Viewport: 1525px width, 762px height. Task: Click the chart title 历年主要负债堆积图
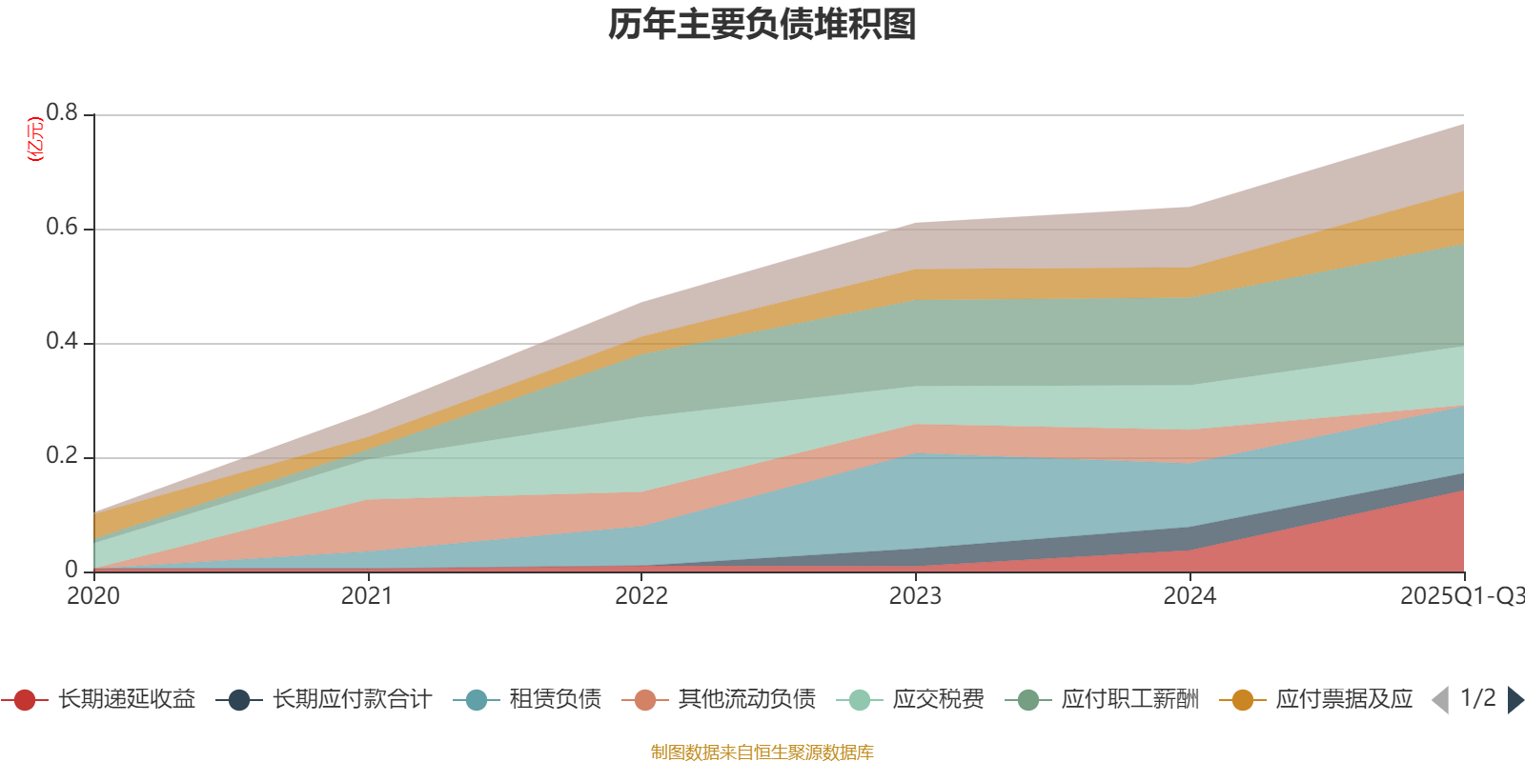pos(762,25)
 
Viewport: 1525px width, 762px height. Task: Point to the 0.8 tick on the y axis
pos(63,113)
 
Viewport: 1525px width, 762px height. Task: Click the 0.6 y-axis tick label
pos(63,228)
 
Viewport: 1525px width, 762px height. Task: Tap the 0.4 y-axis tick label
pos(63,342)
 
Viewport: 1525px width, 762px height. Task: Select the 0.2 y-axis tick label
pos(63,456)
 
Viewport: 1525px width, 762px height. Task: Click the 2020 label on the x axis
pos(93,596)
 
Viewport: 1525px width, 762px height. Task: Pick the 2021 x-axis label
pos(367,596)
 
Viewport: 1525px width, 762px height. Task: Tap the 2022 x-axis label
pos(641,596)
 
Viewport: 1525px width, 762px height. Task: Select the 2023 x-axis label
pos(915,596)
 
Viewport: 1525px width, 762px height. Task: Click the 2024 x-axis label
pos(1189,596)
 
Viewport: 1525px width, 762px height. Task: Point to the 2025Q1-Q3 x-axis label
pos(1460,596)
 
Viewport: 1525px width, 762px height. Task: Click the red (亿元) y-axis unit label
pos(36,139)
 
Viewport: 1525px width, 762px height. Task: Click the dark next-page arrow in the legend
pos(1515,700)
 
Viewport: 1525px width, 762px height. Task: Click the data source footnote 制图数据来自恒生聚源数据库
pos(762,752)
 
